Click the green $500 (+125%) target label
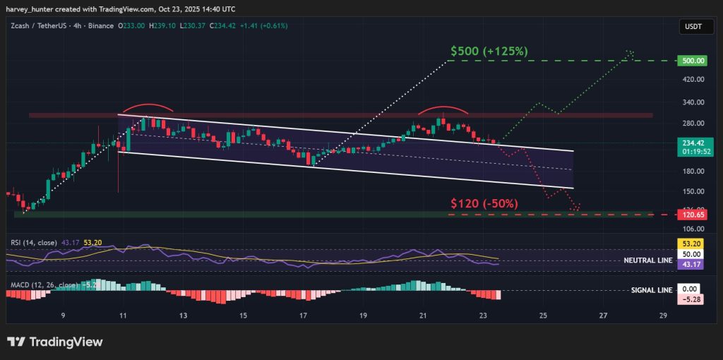point(489,52)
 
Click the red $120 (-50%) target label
point(484,203)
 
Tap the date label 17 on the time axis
point(303,316)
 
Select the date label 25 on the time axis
point(543,316)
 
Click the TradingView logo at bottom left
point(55,342)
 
